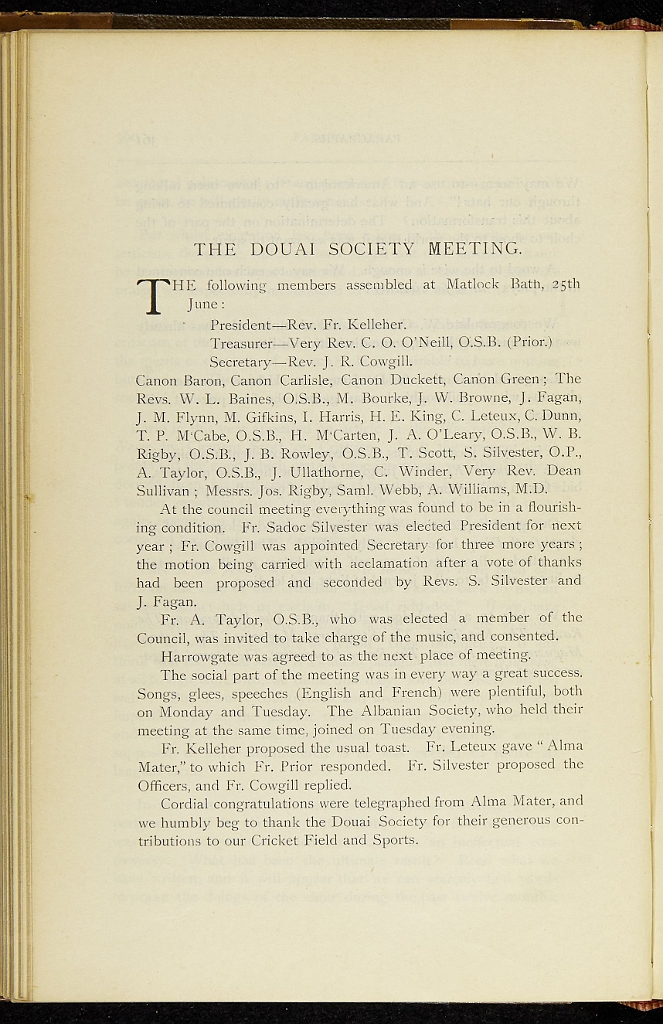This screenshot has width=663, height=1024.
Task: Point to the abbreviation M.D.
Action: click(x=529, y=490)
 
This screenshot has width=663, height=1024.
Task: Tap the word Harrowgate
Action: click(x=205, y=655)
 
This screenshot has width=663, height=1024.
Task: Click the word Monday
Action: click(x=191, y=710)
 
